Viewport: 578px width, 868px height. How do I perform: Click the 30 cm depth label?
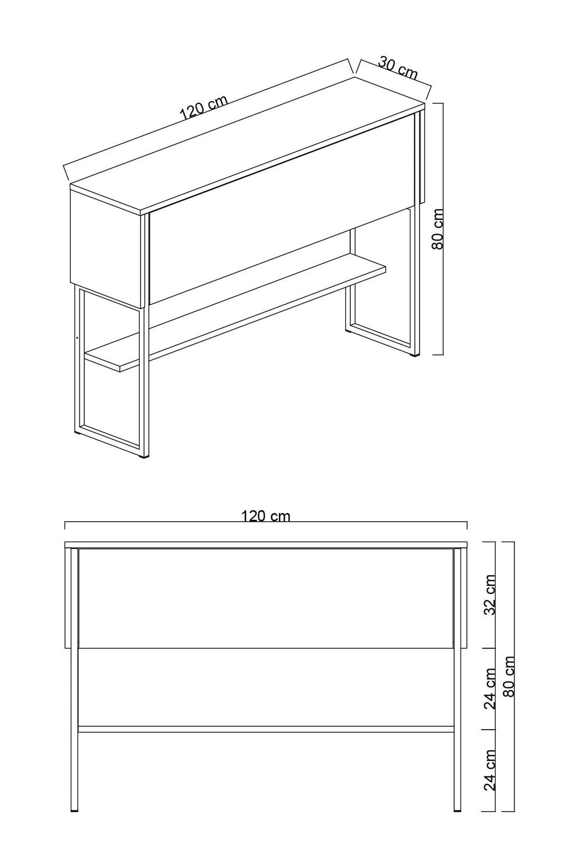pyautogui.click(x=398, y=68)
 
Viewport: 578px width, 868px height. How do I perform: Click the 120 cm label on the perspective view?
pyautogui.click(x=203, y=107)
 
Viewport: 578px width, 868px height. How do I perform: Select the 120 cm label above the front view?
pyautogui.click(x=265, y=516)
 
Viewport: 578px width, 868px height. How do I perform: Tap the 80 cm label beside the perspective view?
pyautogui.click(x=438, y=229)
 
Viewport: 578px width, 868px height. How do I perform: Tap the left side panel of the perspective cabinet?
pyautogui.click(x=106, y=247)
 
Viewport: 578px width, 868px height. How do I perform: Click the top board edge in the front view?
pyautogui.click(x=265, y=545)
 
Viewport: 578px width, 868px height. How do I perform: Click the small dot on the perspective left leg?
pyautogui.click(x=77, y=338)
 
